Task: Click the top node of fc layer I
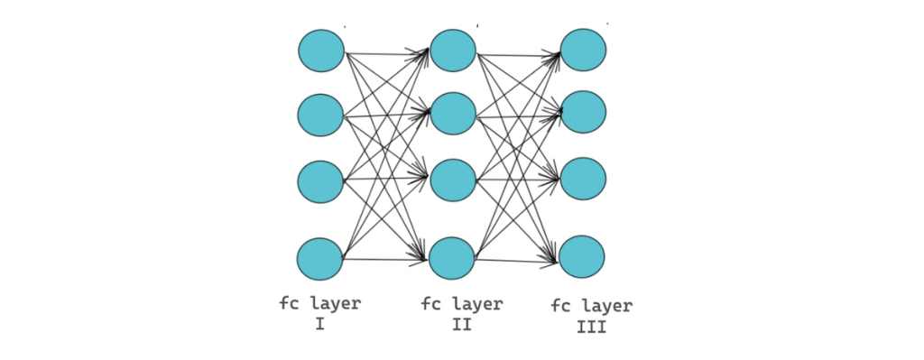[x=321, y=51]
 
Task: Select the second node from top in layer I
[x=321, y=115]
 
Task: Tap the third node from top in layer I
[x=321, y=181]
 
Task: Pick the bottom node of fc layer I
[x=321, y=259]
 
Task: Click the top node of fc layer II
[x=453, y=51]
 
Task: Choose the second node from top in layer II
[x=453, y=113]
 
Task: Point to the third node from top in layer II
[x=453, y=180]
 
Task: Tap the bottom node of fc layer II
[x=452, y=258]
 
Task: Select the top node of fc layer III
[x=583, y=51]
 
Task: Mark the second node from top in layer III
[x=583, y=112]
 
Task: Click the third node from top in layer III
[x=583, y=179]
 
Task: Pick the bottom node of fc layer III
[x=582, y=257]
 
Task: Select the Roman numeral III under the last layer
[x=591, y=328]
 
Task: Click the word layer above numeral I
[x=335, y=304]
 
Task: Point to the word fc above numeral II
[x=430, y=304]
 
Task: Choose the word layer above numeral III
[x=606, y=307]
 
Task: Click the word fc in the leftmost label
[x=288, y=304]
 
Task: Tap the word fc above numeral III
[x=560, y=307]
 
